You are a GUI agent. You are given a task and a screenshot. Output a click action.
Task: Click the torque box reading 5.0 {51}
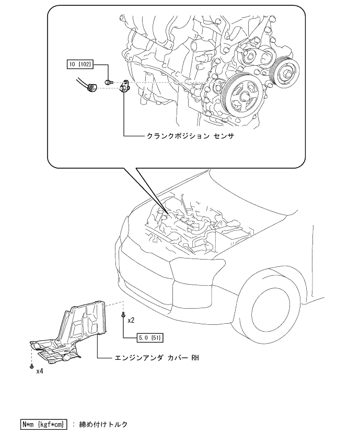(x=150, y=337)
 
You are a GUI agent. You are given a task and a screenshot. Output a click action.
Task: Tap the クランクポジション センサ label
(x=190, y=136)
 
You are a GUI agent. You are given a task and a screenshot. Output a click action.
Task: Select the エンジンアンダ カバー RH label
(x=157, y=357)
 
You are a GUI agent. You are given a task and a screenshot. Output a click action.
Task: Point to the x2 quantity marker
(x=131, y=321)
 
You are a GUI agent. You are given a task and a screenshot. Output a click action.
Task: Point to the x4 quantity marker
(x=40, y=371)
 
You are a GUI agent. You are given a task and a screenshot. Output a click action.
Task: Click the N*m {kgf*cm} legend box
(x=44, y=425)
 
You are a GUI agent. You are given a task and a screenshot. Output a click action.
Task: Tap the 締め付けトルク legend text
(x=103, y=425)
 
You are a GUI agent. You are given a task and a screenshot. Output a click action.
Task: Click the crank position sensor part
(x=124, y=86)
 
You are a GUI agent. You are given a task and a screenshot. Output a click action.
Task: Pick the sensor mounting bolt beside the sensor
(x=109, y=82)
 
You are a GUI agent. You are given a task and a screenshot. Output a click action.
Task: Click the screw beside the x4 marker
(x=31, y=366)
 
